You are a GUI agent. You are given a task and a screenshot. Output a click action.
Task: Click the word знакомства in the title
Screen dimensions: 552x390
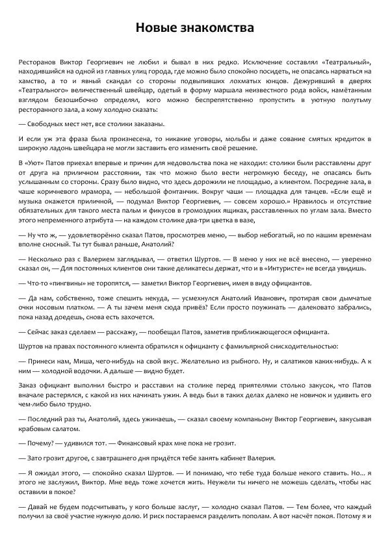coord(218,28)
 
